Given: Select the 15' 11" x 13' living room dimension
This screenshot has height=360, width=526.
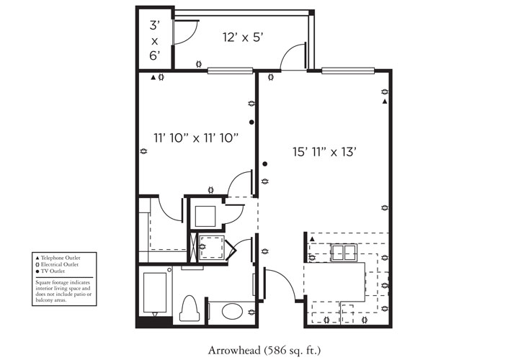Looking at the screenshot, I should click(325, 151).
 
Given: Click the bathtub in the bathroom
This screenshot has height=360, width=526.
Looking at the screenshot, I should click(155, 292).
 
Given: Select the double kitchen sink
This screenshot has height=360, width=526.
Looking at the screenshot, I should click(342, 252).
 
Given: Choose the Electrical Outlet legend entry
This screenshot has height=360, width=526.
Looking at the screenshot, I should click(60, 264).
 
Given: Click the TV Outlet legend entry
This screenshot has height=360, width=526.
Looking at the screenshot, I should click(55, 271).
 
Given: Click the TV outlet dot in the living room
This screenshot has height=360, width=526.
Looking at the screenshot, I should click(265, 164).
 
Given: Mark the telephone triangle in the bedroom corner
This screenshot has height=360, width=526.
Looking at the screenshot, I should click(153, 77).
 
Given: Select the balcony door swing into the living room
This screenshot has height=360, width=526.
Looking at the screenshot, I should click(293, 56).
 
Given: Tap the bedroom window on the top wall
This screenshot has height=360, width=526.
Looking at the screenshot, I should click(231, 70).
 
